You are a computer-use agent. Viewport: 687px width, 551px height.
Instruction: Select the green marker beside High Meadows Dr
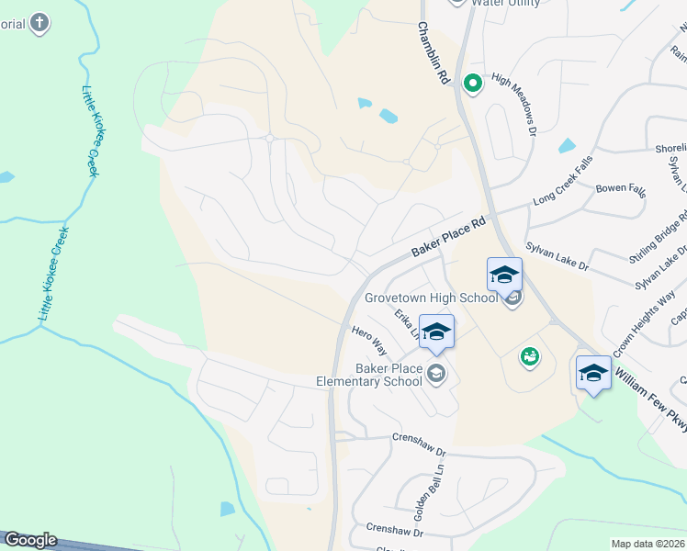tap(473, 84)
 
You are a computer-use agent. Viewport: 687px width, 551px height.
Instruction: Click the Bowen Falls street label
tap(621, 189)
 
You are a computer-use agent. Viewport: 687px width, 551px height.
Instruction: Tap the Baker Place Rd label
tap(447, 238)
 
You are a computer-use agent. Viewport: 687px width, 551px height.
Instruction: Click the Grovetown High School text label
tap(431, 298)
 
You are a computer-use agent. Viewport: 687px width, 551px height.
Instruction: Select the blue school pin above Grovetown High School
tap(504, 275)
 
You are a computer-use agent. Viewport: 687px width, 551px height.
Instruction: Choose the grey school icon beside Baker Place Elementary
tap(436, 372)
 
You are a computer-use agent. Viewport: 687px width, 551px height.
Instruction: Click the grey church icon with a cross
tap(39, 23)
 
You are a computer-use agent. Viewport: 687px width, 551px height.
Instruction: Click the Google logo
tap(29, 540)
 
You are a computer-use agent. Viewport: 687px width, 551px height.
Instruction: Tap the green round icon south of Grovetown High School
tap(529, 356)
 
